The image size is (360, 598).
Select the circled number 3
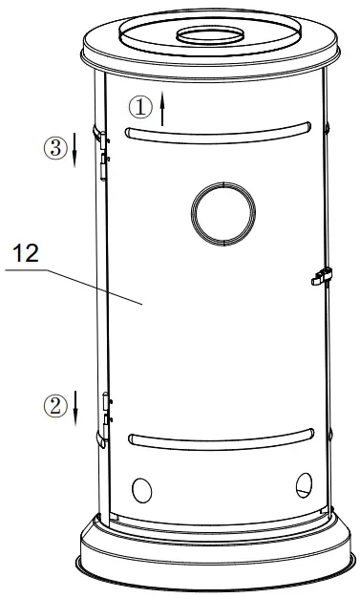point(54,148)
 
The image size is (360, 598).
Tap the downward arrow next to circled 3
point(76,150)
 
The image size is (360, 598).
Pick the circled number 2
point(54,405)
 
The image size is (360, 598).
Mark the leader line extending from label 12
point(86,283)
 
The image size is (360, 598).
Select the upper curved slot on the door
point(220,127)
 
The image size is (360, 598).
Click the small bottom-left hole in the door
point(141,490)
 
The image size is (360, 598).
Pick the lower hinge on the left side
point(102,420)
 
